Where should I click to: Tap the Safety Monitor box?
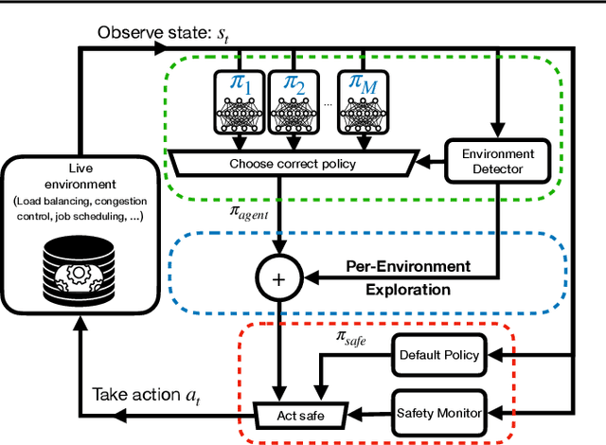[x=437, y=412]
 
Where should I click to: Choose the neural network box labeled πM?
[x=365, y=99]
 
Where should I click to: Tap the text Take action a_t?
[x=148, y=394]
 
